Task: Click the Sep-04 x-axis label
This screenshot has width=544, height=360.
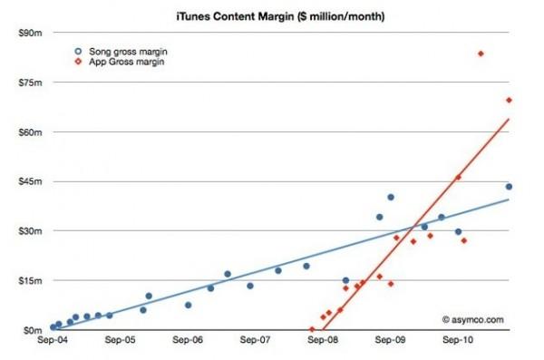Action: point(53,342)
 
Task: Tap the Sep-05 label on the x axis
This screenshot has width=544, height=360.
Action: point(121,342)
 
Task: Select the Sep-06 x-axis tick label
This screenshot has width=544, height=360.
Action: point(188,342)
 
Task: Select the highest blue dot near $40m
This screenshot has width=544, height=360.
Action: point(391,197)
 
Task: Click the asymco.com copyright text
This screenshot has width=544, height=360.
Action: point(472,319)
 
